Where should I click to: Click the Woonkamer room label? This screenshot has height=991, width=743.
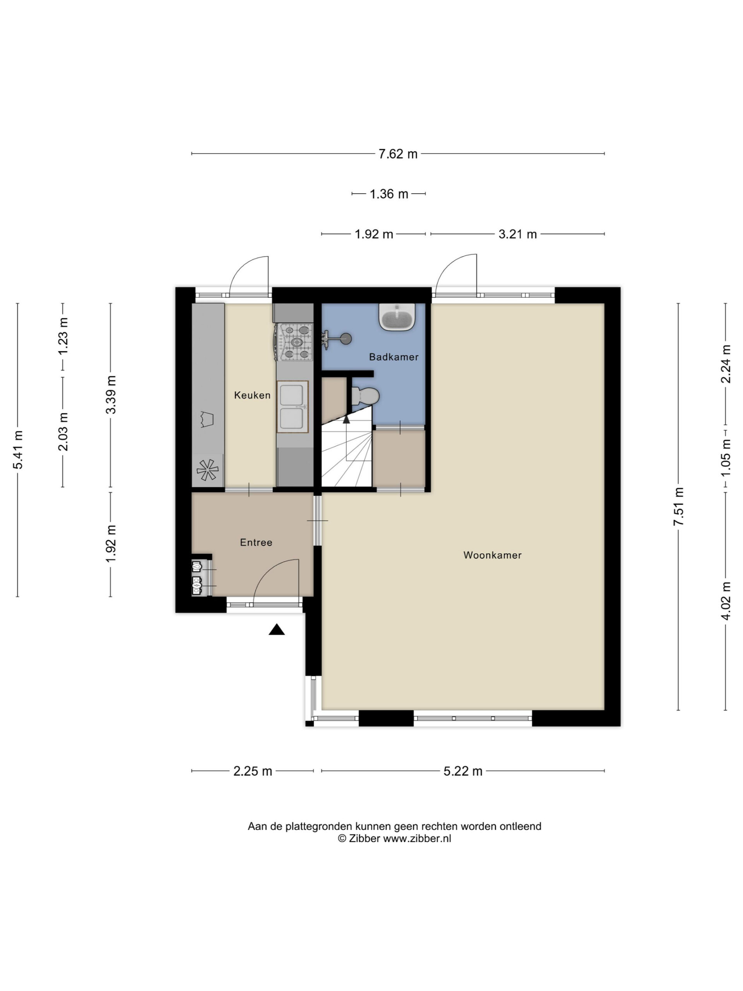coord(492,555)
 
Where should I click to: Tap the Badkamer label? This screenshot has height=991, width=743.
coord(394,357)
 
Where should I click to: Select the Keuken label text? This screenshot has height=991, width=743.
coord(252,395)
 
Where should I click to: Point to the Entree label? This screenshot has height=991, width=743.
coord(256,543)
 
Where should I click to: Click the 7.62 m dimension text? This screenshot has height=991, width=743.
coord(398,154)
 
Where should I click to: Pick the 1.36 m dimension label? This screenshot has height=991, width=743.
coord(389,194)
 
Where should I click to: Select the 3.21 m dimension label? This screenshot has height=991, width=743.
coord(518,234)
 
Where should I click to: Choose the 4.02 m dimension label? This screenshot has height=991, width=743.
coord(726,601)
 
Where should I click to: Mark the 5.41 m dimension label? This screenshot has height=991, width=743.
coord(18,449)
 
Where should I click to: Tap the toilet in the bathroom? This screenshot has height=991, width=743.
coord(365,396)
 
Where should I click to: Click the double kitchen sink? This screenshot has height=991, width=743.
coord(293,407)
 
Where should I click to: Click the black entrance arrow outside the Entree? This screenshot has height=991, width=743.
coord(277,629)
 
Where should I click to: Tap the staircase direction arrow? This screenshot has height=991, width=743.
coord(346,419)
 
